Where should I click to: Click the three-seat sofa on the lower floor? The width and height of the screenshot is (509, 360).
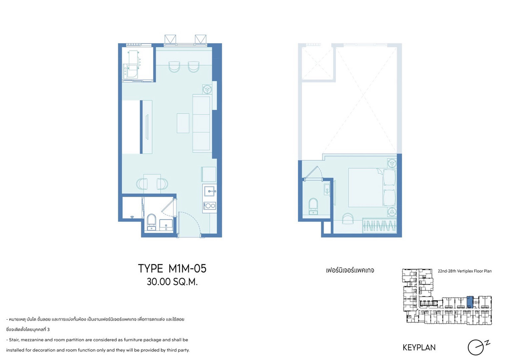click(x=201, y=123)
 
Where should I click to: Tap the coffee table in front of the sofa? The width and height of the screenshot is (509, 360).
click(x=183, y=123)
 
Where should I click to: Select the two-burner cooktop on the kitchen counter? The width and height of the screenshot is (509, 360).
click(x=210, y=206)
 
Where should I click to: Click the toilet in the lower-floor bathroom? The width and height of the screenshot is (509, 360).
click(x=151, y=221)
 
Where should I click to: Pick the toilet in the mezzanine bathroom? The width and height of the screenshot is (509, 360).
click(x=313, y=206)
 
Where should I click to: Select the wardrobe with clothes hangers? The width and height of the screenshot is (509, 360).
click(x=379, y=226)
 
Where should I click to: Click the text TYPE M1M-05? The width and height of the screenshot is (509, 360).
click(x=172, y=268)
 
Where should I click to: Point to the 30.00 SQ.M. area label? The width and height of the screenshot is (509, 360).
click(x=172, y=282)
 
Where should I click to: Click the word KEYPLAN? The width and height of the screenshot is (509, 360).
click(x=419, y=348)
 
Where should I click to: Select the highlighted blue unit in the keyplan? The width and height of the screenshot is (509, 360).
click(x=470, y=302)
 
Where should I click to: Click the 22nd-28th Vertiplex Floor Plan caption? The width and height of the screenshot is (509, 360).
click(x=465, y=271)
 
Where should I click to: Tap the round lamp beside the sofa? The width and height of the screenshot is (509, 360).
click(x=207, y=89)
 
